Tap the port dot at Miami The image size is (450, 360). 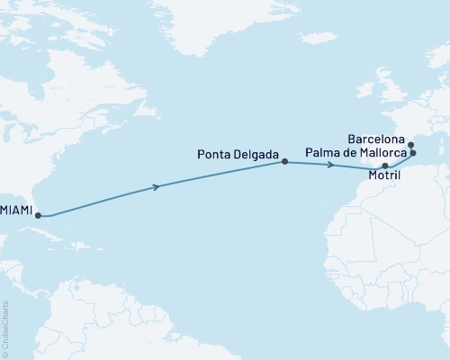pos(39,215)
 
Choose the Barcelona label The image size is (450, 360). pos(376,140)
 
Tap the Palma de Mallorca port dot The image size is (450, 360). pos(413,154)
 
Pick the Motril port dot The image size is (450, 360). pos(385,166)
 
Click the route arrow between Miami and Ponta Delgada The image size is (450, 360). pos(159,186)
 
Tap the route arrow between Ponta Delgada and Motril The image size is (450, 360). pos(331,165)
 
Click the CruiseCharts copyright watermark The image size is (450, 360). pos(5,327)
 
